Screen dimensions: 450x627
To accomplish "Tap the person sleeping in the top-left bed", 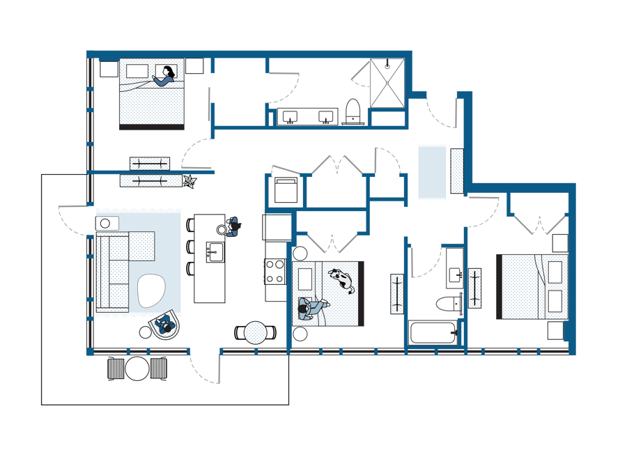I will click(165, 77).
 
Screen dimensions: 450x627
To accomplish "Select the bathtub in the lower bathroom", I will click(433, 332).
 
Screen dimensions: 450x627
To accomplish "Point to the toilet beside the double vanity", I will click(353, 111).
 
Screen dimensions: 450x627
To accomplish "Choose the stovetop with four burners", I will click(274, 270).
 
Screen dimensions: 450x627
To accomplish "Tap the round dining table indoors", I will click(256, 332).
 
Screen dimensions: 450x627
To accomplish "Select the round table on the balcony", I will click(137, 368).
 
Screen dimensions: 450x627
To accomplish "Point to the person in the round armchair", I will click(167, 325).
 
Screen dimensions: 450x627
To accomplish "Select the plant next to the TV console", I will click(189, 182).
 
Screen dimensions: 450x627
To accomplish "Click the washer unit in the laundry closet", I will click(286, 189).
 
